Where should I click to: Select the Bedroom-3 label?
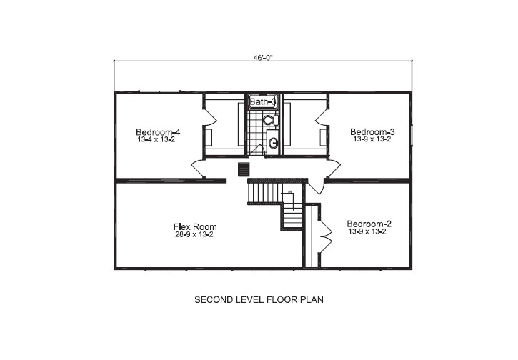tap(372, 132)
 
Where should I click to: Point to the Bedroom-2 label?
tap(369, 224)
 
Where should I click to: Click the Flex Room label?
tap(195, 227)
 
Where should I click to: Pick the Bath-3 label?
tap(262, 102)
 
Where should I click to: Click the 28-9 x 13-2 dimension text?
tap(194, 235)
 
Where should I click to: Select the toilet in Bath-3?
tap(269, 120)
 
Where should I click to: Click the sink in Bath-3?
tap(272, 143)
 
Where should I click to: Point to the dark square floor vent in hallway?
tap(244, 169)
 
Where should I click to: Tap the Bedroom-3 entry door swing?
tap(332, 169)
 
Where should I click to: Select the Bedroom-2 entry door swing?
tap(315, 186)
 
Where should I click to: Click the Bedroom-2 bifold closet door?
tap(326, 234)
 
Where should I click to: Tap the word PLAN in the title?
tap(312, 300)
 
